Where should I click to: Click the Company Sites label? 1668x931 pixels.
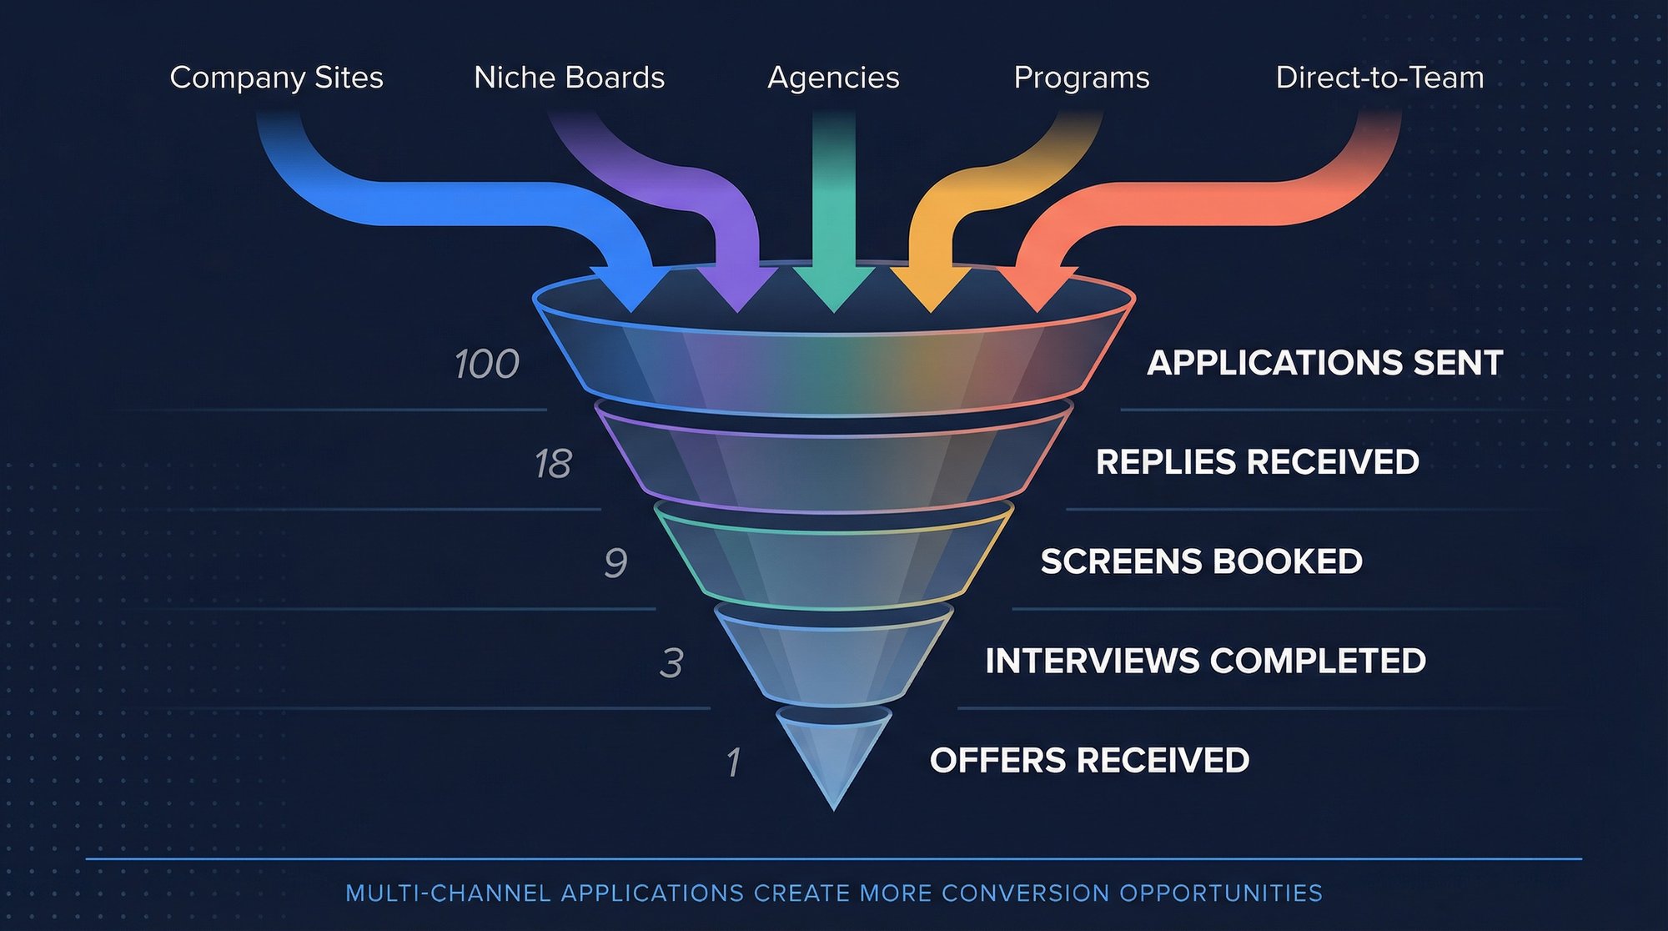(x=276, y=78)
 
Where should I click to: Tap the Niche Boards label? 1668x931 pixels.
(x=569, y=78)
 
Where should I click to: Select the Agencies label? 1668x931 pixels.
(x=833, y=78)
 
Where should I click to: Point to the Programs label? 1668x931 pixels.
(x=1081, y=78)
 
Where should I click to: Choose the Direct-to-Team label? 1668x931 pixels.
(x=1379, y=78)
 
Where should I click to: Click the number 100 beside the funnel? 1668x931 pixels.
(x=487, y=365)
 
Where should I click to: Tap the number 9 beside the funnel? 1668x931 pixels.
(x=615, y=563)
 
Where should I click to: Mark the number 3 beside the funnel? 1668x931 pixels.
(x=671, y=663)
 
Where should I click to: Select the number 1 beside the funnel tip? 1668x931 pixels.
(x=733, y=762)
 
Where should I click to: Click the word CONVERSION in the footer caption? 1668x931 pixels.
(x=1025, y=893)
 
